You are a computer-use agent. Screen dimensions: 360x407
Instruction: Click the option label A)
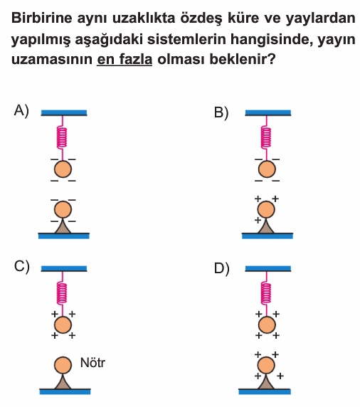tap(21, 111)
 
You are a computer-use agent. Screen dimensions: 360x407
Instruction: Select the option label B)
tap(221, 113)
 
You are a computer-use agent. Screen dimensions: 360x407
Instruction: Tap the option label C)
tap(22, 267)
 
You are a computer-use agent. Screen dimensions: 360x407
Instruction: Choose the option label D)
tap(222, 269)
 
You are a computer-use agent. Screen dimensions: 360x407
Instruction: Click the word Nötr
tap(92, 363)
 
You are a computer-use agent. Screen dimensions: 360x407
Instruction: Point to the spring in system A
tap(62, 137)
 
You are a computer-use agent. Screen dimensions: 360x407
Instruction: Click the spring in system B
tap(266, 137)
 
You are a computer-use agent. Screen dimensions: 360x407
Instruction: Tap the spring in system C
tap(62, 293)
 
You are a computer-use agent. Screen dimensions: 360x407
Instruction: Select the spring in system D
tap(266, 293)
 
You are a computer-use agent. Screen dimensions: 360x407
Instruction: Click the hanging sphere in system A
tap(63, 169)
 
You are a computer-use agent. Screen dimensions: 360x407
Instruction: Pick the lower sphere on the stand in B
tap(266, 209)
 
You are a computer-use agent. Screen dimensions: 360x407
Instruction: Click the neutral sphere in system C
tap(63, 365)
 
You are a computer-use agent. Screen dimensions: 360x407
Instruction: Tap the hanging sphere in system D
tap(267, 324)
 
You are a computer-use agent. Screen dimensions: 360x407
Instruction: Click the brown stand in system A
tap(63, 226)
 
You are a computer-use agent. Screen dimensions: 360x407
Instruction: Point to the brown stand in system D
tap(266, 381)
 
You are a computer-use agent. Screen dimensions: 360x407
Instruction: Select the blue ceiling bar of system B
tap(268, 113)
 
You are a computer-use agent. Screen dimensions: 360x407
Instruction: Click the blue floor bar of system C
tap(65, 391)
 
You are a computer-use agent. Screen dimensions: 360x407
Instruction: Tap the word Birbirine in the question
tap(41, 18)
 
